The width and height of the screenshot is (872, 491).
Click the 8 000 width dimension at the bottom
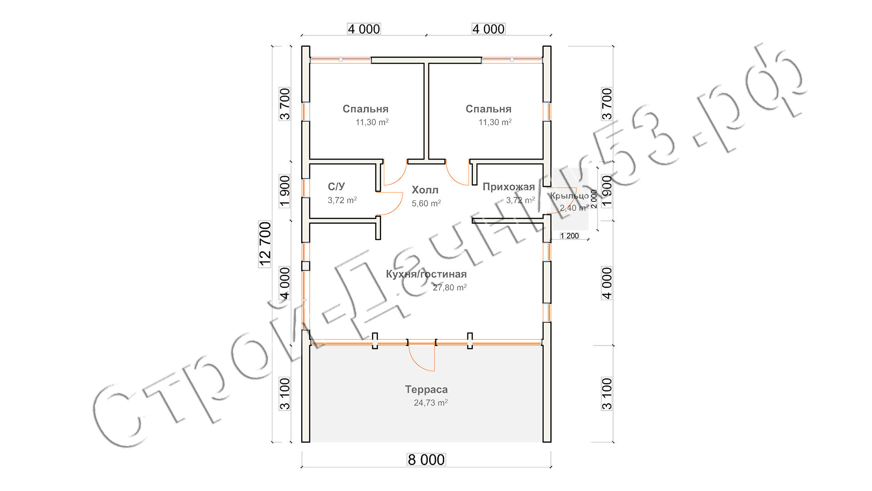(426, 460)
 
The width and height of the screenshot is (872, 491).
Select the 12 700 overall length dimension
(265, 244)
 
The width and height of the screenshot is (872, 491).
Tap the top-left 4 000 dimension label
(364, 29)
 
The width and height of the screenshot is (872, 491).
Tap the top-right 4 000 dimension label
(488, 29)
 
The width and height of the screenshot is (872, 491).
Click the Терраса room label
(426, 390)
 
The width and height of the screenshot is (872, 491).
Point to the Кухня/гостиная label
(426, 274)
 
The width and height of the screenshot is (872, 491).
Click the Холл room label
(425, 190)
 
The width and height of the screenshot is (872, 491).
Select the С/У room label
(336, 186)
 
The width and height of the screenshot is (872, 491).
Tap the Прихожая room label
(509, 187)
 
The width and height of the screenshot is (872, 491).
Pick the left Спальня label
(365, 109)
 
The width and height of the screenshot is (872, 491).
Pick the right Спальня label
(488, 109)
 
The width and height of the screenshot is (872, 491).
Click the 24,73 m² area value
(431, 403)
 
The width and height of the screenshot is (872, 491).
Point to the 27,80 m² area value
(450, 287)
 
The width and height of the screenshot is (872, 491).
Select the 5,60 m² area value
(426, 204)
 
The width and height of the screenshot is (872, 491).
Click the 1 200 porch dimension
(570, 236)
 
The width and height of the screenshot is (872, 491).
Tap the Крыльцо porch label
(570, 196)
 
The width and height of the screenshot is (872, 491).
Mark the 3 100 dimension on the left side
(285, 394)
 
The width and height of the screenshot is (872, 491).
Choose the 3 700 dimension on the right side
(607, 104)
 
